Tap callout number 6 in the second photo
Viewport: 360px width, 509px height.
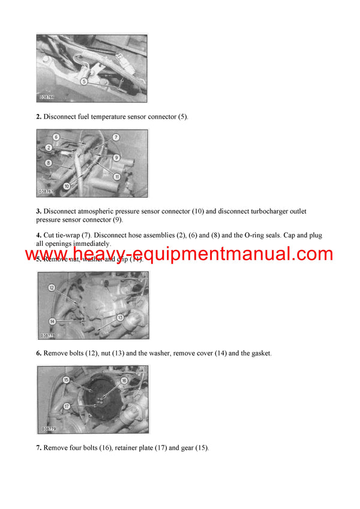(55, 137)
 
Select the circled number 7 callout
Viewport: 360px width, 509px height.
(116, 137)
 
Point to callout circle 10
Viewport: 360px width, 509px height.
(66, 186)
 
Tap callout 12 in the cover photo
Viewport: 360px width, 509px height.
(52, 288)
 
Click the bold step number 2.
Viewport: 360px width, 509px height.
(38, 116)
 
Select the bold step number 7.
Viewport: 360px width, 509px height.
(38, 448)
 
